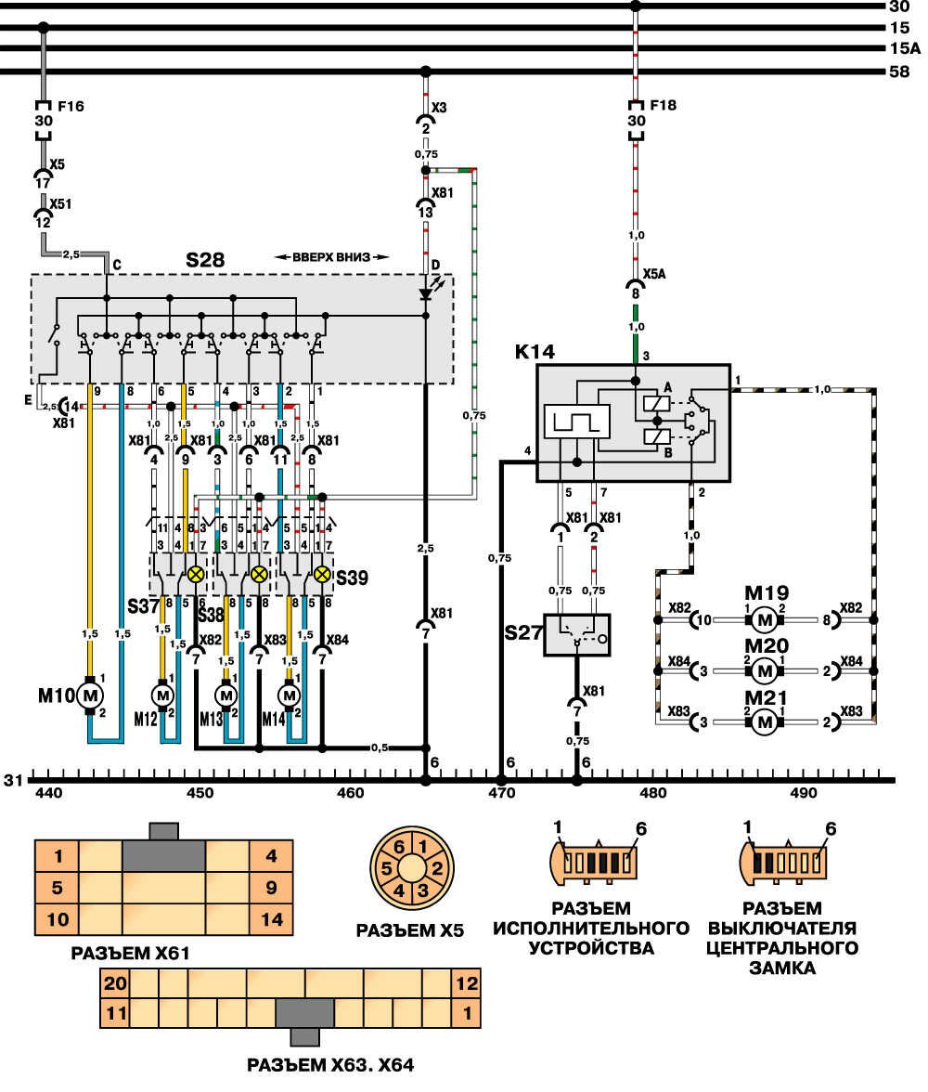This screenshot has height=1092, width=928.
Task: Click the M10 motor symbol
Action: [90, 695]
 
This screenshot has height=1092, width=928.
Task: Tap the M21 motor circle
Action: [764, 720]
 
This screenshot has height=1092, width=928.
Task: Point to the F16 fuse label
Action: [71, 106]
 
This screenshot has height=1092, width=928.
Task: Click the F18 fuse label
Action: [663, 105]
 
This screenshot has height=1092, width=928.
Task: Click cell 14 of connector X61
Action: [271, 920]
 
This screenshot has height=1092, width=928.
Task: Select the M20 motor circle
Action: [764, 669]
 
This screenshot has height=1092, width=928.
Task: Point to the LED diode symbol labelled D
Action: [425, 293]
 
